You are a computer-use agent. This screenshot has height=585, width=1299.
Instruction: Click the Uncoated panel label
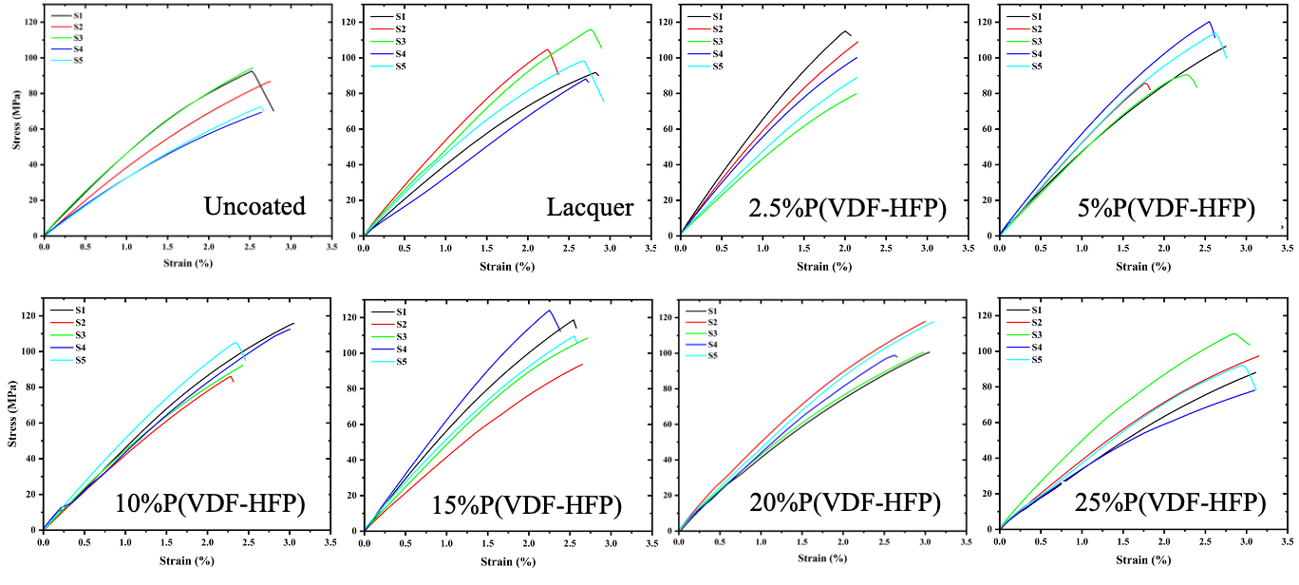click(x=254, y=205)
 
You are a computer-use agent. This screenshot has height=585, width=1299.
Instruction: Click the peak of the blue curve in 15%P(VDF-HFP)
click(x=549, y=311)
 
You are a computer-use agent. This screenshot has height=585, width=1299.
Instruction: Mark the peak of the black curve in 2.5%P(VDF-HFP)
click(x=844, y=31)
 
